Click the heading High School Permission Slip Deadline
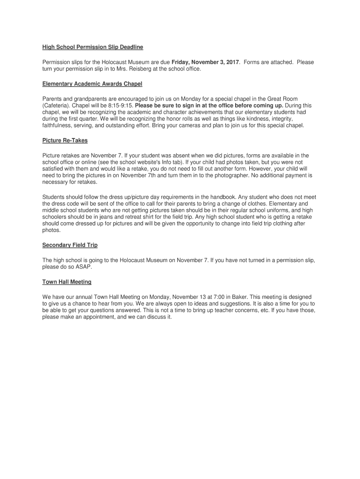(x=93, y=47)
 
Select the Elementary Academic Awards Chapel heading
(x=92, y=84)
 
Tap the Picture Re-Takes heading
(x=65, y=140)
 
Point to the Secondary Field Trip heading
(x=70, y=245)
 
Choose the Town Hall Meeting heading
(x=67, y=282)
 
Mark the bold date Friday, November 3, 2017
(x=206, y=62)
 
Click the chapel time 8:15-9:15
(x=121, y=106)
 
